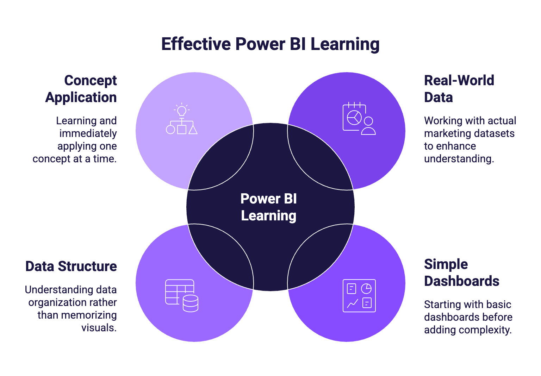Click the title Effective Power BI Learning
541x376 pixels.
[x=270, y=44]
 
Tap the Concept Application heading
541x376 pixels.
[x=81, y=89]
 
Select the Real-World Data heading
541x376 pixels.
[x=459, y=89]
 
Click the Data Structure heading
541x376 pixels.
[x=71, y=267]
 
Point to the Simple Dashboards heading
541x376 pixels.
[x=461, y=272]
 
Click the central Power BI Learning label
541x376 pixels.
[x=269, y=207]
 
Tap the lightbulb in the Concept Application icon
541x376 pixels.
[x=181, y=111]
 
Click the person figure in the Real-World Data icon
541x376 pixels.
[x=368, y=126]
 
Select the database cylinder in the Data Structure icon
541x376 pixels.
[x=191, y=303]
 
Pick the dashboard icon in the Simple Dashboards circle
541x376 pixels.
[x=359, y=296]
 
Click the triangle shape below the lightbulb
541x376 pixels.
[x=193, y=130]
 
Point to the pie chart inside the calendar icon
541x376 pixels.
[x=354, y=118]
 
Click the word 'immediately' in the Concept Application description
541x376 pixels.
[x=88, y=133]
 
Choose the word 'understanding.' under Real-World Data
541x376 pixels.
[x=459, y=159]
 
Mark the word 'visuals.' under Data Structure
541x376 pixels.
[x=99, y=328]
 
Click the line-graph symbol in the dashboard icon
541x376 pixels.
[x=353, y=303]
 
